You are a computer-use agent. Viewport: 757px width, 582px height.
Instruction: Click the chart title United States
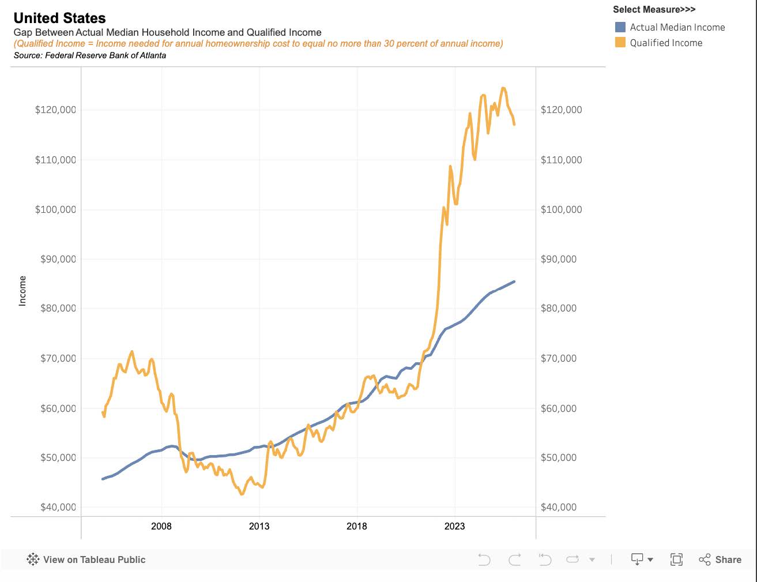tap(60, 18)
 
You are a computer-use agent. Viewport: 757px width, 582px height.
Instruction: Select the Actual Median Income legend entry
tap(677, 27)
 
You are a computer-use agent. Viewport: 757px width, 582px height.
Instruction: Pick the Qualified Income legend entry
tap(666, 43)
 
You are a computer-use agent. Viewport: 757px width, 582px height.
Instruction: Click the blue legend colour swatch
tap(620, 27)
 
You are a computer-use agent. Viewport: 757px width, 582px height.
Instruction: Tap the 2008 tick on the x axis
tap(161, 526)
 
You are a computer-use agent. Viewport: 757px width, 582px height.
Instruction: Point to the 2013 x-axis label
tap(259, 526)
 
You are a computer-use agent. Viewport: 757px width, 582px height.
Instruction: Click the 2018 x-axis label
tap(357, 526)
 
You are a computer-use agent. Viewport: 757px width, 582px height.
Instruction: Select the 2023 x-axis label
tap(455, 526)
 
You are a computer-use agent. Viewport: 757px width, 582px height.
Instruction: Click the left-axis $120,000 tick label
tap(55, 110)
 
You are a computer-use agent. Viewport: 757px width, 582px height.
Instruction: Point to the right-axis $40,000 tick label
tap(558, 507)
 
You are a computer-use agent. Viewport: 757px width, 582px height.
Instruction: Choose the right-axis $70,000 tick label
tap(558, 358)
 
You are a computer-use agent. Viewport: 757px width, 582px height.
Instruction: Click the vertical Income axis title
tap(22, 291)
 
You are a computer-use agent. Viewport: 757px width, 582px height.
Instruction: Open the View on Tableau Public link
tap(86, 560)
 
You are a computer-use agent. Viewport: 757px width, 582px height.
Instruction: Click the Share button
tap(720, 560)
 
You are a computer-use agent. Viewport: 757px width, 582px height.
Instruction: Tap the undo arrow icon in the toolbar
tap(484, 560)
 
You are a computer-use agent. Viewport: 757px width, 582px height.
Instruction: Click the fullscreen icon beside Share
tap(676, 560)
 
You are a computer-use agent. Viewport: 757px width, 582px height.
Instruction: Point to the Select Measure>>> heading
tap(654, 9)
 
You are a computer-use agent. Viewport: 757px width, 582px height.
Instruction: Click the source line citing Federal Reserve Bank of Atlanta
tap(90, 55)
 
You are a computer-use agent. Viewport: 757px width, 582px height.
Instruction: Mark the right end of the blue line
tap(514, 281)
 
